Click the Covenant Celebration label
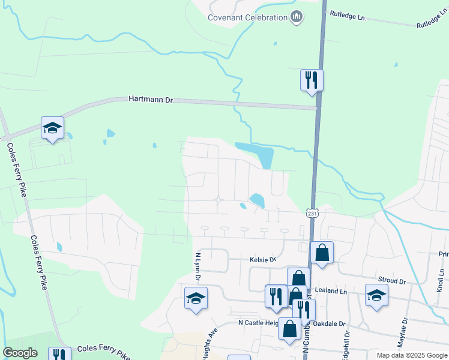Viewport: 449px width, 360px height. tap(247, 17)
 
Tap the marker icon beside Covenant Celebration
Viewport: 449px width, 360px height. tap(296, 17)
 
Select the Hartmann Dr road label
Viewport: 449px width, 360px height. tap(151, 100)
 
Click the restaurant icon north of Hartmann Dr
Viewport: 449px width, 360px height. tap(312, 80)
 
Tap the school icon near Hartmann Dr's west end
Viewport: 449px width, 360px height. tap(52, 128)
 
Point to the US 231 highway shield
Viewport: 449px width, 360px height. tap(311, 213)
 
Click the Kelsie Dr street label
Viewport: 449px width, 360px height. tap(262, 260)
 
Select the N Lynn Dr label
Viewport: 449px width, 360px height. tap(196, 266)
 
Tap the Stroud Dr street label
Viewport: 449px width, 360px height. tap(392, 280)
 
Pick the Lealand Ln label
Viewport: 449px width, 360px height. tap(336, 291)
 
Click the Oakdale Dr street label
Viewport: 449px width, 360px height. tap(334, 323)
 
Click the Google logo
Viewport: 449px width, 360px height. tap(20, 353)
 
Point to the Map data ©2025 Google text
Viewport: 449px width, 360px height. tap(412, 355)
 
